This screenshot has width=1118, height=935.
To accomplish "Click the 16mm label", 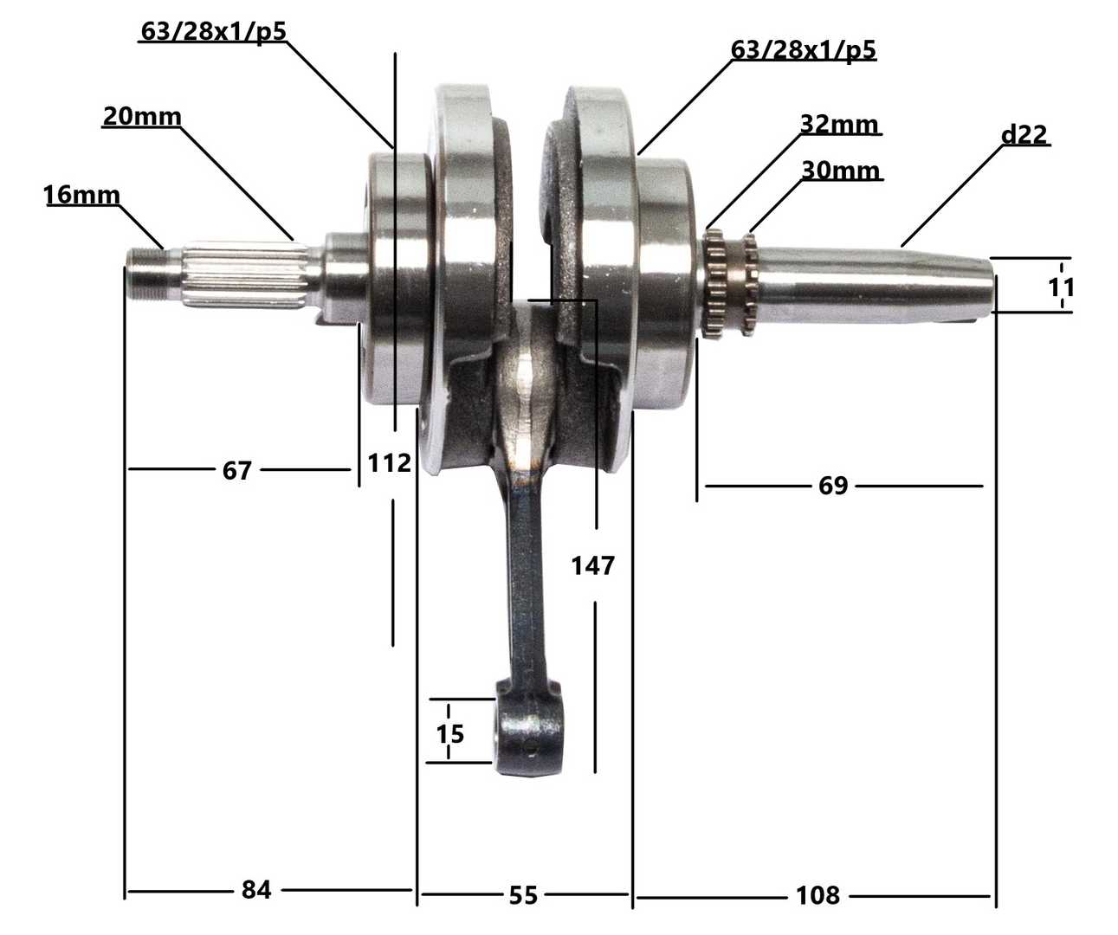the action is click(x=81, y=195).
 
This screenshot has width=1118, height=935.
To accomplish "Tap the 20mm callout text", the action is click(x=142, y=117).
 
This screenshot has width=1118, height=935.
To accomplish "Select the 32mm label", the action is click(x=839, y=124).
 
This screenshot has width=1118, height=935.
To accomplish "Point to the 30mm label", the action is click(x=840, y=171).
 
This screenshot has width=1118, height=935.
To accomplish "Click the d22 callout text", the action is click(x=1024, y=134).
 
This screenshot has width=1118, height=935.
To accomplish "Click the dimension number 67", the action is click(x=236, y=471).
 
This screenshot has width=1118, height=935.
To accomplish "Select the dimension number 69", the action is click(x=833, y=486).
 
